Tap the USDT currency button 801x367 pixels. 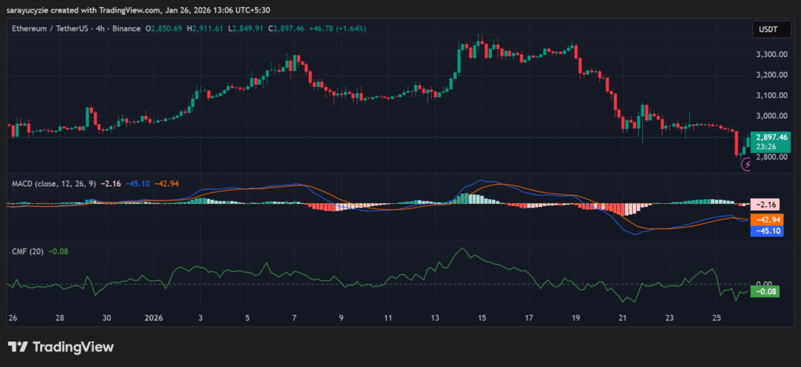[766, 29]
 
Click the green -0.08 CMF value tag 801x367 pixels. [763, 291]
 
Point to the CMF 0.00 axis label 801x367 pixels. [763, 283]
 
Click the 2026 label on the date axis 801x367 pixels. [154, 319]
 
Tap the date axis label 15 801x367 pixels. [483, 319]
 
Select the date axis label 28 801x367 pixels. [60, 319]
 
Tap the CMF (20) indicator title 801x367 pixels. [27, 251]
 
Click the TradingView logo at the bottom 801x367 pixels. [60, 347]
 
